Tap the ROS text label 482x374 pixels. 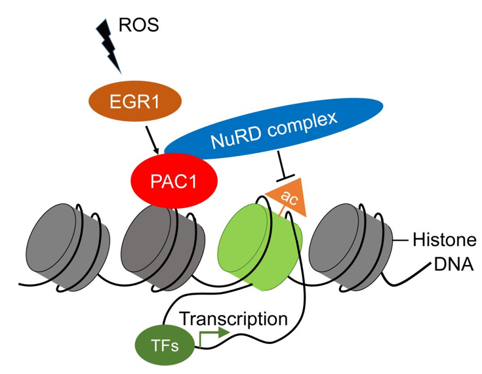pos(139,27)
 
